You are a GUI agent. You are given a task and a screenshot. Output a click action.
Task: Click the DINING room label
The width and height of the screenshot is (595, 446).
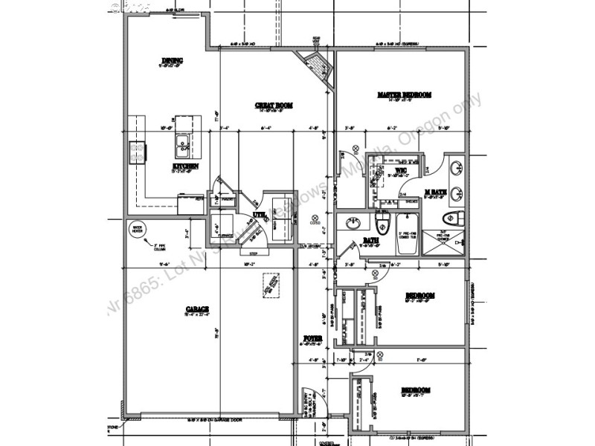tap(173, 60)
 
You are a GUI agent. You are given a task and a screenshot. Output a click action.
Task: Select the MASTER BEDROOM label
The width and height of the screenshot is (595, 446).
tap(404, 95)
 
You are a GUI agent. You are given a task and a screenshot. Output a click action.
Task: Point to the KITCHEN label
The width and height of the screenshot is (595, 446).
tap(185, 167)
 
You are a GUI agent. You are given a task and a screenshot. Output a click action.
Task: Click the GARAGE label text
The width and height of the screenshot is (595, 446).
tap(197, 308)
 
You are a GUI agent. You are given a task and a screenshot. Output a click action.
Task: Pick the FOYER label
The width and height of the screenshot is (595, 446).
tap(312, 339)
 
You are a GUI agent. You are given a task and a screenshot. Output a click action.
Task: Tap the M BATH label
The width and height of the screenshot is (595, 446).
tap(435, 192)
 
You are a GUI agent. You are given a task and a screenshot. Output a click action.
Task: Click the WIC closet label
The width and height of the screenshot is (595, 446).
tap(400, 171)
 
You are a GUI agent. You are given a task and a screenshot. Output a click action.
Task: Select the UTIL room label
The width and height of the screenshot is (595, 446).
tap(258, 216)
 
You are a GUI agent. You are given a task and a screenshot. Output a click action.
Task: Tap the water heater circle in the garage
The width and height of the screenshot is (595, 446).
tap(137, 230)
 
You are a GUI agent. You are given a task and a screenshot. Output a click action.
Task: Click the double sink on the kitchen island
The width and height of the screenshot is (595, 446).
tap(182, 140)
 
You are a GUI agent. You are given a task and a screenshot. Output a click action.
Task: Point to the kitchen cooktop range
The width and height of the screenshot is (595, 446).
tap(137, 152)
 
